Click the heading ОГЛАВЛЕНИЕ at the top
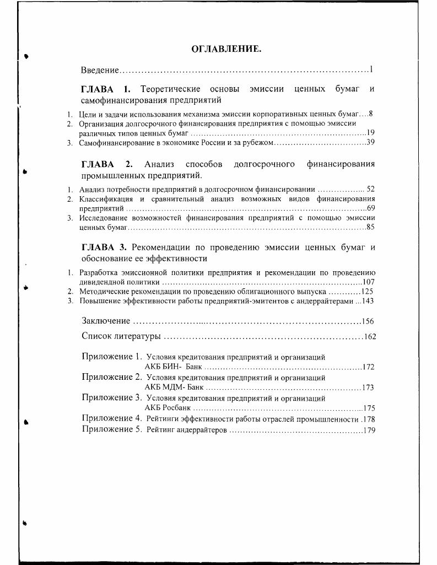(226, 50)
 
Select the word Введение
(100, 70)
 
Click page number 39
(371, 143)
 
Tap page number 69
(371, 208)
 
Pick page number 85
(371, 227)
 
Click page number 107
(369, 281)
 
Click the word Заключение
(106, 321)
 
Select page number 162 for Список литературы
(370, 336)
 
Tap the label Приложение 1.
(112, 357)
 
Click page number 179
(369, 431)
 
